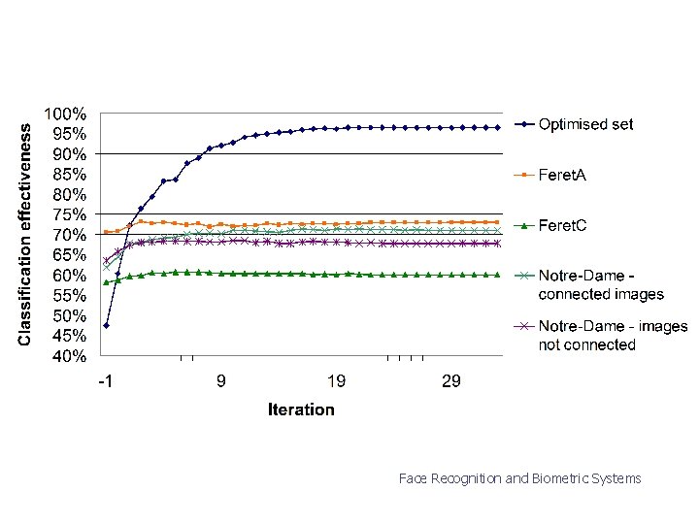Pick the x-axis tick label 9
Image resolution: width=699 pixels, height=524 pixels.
[x=221, y=381]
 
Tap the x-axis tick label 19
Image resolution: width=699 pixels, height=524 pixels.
[x=336, y=381]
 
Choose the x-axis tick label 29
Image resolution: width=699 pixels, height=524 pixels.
[x=451, y=381]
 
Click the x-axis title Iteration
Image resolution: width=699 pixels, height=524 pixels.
[x=301, y=409]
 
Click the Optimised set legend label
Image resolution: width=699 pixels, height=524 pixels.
[x=585, y=124]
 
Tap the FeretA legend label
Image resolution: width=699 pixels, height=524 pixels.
[x=562, y=175]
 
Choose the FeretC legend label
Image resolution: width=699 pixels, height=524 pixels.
[x=563, y=225]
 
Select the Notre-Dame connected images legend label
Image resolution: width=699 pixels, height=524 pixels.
[x=601, y=285]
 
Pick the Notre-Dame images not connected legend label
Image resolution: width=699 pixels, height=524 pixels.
[x=613, y=336]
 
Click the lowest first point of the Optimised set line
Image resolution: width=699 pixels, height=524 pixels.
[x=106, y=325]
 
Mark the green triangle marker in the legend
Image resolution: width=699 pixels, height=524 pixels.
[x=523, y=225]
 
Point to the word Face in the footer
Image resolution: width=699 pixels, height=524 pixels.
[x=413, y=478]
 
